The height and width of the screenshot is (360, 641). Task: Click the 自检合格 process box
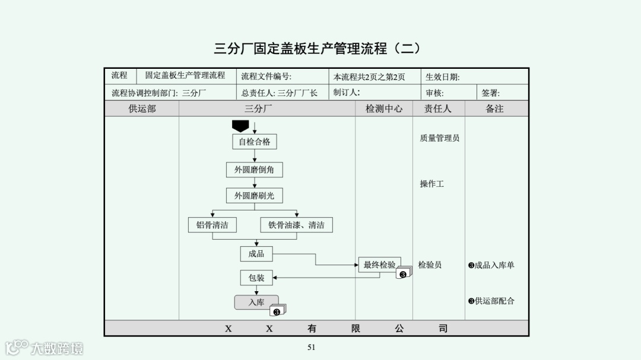254,142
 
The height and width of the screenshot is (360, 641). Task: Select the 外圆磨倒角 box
254,170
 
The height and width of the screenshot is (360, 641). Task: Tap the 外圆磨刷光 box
254,196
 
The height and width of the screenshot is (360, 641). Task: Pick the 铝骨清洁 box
212,225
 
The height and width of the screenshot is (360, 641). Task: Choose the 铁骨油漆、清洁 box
296,225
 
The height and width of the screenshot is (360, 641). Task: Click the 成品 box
256,254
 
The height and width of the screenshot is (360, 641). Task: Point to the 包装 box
256,277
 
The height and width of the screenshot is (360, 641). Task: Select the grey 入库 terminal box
256,302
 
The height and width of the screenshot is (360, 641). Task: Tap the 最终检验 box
379,265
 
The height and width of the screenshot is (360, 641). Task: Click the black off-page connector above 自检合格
240,126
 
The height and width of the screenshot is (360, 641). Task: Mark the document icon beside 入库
278,310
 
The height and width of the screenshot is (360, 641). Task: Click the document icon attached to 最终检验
404,273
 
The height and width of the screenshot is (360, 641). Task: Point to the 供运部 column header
142,109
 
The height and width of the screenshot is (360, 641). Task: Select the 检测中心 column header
384,109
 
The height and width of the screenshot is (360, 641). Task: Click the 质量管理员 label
439,138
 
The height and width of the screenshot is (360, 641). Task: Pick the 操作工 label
431,184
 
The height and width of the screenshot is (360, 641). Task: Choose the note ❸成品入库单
491,265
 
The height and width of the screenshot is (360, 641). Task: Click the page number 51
311,348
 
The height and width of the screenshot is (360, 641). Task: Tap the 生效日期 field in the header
443,77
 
